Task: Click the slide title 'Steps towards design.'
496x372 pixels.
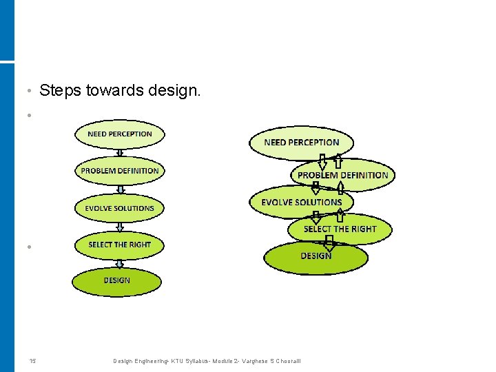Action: [121, 90]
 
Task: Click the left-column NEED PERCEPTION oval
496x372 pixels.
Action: [120, 134]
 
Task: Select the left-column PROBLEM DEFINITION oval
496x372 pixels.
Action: [120, 171]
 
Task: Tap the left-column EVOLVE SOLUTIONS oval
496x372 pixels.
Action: [120, 208]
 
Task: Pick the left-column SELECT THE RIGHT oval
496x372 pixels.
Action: [120, 245]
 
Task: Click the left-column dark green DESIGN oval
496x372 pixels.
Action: [117, 281]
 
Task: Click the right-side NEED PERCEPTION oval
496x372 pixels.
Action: [302, 143]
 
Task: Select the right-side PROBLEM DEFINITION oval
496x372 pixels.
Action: [342, 175]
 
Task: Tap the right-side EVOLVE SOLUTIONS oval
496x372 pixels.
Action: [302, 202]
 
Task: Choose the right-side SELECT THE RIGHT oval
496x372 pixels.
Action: [340, 229]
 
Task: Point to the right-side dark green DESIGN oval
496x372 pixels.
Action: [316, 256]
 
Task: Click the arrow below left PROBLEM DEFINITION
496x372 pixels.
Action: [120, 189]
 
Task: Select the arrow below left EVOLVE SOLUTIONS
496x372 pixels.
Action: [120, 227]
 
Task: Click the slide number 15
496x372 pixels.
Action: [32, 361]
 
